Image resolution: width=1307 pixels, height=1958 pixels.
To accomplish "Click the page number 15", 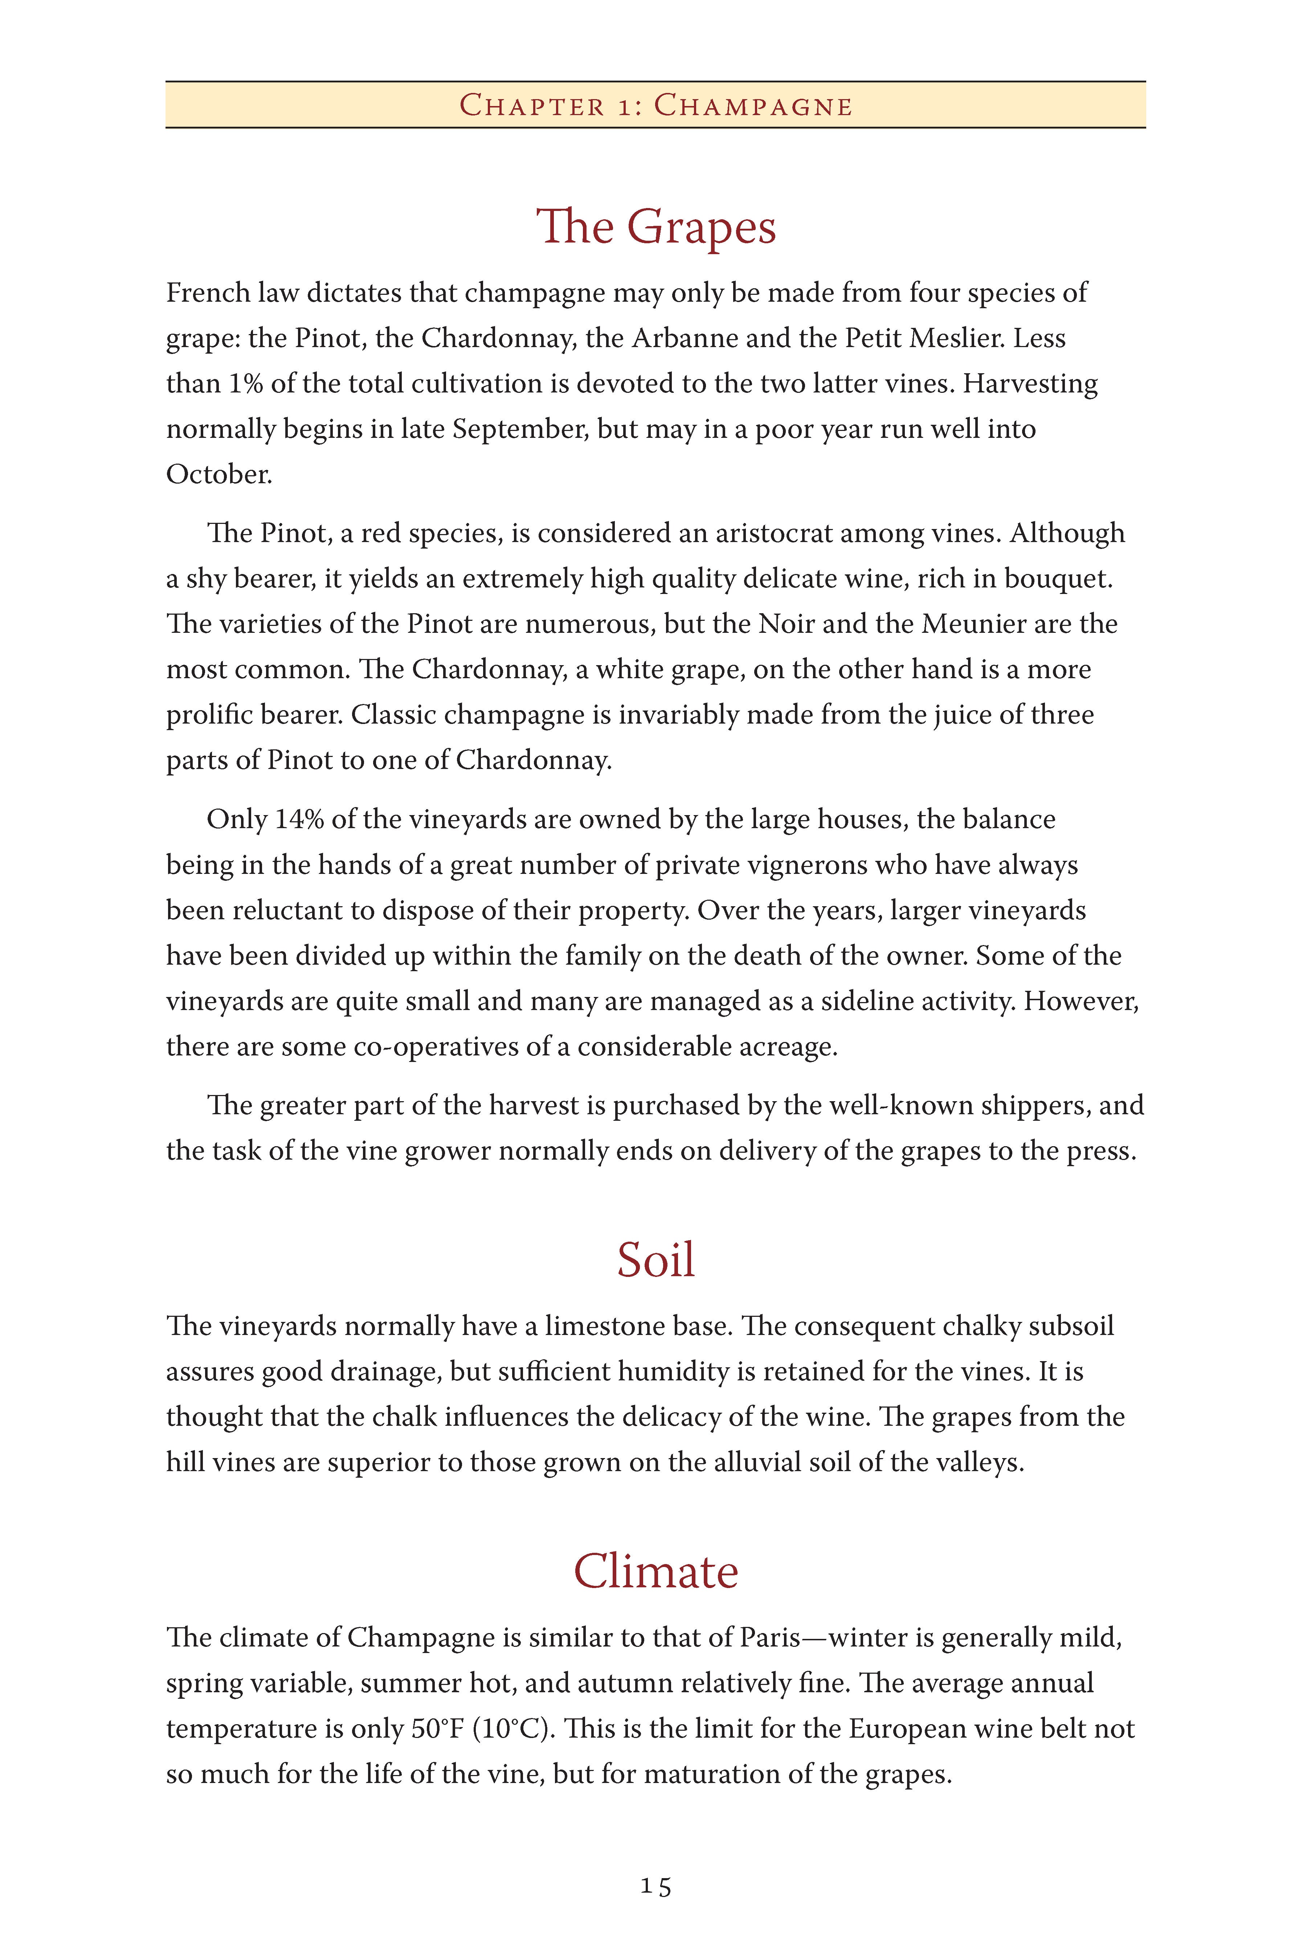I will pos(655,1886).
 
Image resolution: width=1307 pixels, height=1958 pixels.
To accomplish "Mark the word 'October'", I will pos(218,474).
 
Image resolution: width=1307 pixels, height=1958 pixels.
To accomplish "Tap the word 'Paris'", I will pos(768,1637).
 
